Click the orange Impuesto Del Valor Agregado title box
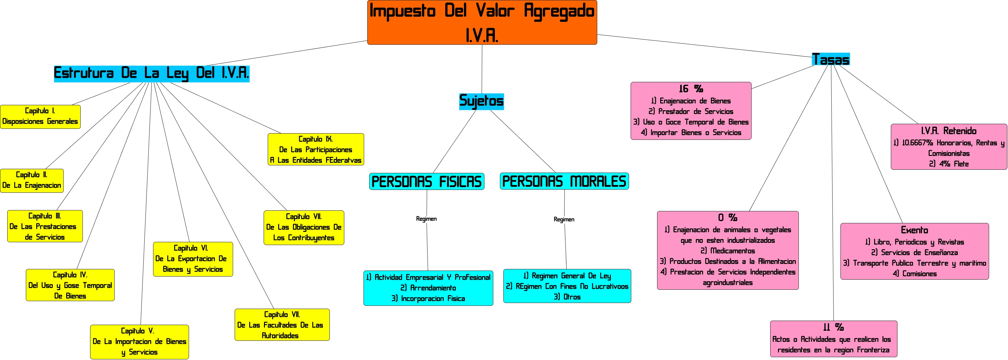[x=482, y=22]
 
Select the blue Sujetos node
[x=481, y=101]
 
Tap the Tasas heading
[x=830, y=59]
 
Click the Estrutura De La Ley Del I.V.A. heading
[x=152, y=73]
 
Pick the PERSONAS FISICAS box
[x=427, y=181]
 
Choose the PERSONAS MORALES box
[x=564, y=181]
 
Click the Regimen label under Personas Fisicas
[x=426, y=219]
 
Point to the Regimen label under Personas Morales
[x=564, y=220]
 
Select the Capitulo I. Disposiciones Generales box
[x=40, y=116]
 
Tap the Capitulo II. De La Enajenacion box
[x=32, y=180]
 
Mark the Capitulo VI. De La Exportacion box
[x=193, y=259]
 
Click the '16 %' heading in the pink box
[x=691, y=89]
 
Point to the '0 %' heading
[x=727, y=218]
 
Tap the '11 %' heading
[x=833, y=327]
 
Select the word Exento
[x=914, y=230]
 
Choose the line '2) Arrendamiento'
[x=428, y=288]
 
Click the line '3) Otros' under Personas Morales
[x=567, y=297]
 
